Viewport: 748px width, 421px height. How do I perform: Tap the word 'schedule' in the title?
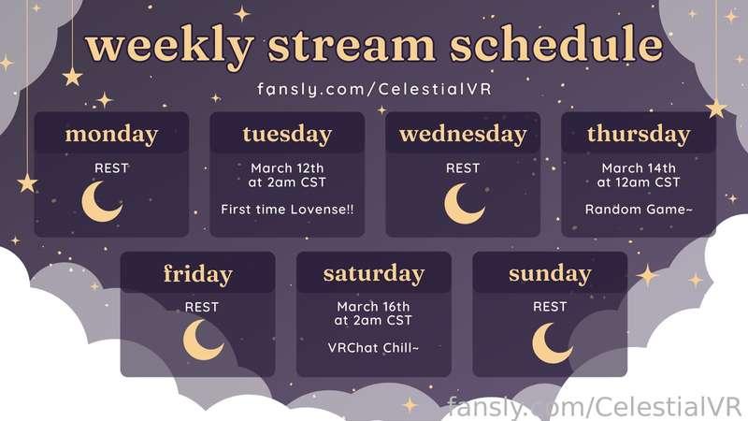(556, 44)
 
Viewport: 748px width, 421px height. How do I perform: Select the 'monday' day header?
(111, 135)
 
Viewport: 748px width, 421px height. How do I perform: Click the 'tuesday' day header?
(287, 135)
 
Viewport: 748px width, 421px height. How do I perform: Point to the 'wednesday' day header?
(463, 135)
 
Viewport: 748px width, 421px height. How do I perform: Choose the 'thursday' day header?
(639, 135)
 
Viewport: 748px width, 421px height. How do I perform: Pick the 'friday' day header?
(198, 274)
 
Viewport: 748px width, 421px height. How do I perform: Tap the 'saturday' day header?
(373, 274)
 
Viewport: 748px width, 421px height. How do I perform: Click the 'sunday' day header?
(550, 274)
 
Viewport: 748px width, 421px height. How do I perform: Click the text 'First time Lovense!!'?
(287, 210)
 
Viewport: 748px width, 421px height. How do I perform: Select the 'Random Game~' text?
(639, 210)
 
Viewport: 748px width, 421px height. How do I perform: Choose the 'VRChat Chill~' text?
(373, 348)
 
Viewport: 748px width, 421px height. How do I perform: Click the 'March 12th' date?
(287, 168)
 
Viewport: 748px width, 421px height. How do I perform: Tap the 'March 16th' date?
(373, 307)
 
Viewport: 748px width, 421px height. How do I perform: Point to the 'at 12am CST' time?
(639, 182)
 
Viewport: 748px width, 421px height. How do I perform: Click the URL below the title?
(374, 89)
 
